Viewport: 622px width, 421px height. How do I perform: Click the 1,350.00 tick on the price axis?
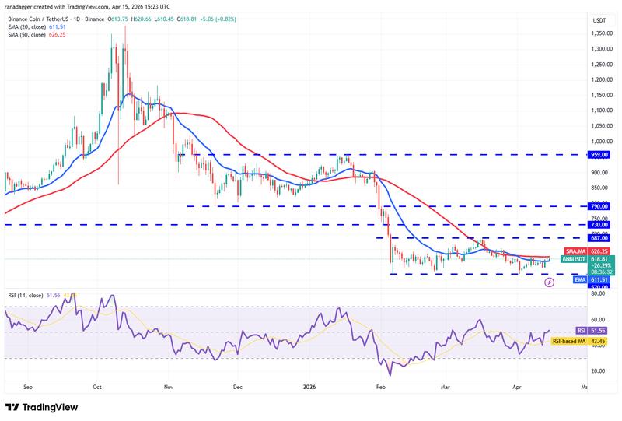tap(599, 34)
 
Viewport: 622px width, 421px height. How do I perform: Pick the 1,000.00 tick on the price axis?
tap(599, 142)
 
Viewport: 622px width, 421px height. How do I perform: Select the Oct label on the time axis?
tap(97, 386)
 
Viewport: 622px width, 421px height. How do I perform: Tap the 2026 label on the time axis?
tap(309, 386)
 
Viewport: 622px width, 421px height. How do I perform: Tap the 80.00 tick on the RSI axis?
tap(599, 294)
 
